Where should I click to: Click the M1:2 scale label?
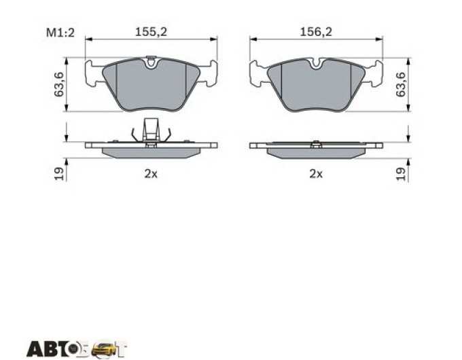(x=60, y=33)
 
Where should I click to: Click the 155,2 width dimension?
(x=151, y=32)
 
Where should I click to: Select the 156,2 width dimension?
(x=316, y=32)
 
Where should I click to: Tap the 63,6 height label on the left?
(x=58, y=84)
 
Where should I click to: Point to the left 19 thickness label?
(x=58, y=173)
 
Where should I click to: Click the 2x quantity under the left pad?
(x=151, y=174)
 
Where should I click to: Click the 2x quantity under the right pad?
(x=316, y=174)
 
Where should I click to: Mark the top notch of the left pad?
(x=151, y=62)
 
